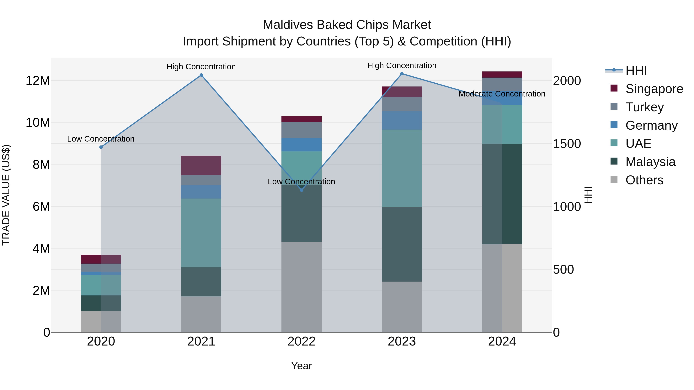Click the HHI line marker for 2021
coord(201,75)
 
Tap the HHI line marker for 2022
coord(302,190)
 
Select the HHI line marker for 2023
coord(402,74)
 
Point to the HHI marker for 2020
coord(101,147)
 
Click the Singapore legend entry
coord(654,89)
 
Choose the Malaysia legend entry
coord(650,162)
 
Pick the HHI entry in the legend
coord(636,70)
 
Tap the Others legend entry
coord(644,180)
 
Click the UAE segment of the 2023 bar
coord(402,168)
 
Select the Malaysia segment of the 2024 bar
coord(502,194)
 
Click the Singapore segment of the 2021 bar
coord(201,165)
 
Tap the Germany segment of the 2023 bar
coord(402,120)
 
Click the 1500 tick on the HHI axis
coord(567,144)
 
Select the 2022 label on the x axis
coord(302,341)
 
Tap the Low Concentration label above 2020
coord(101,139)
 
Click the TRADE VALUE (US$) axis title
coord(6,195)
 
